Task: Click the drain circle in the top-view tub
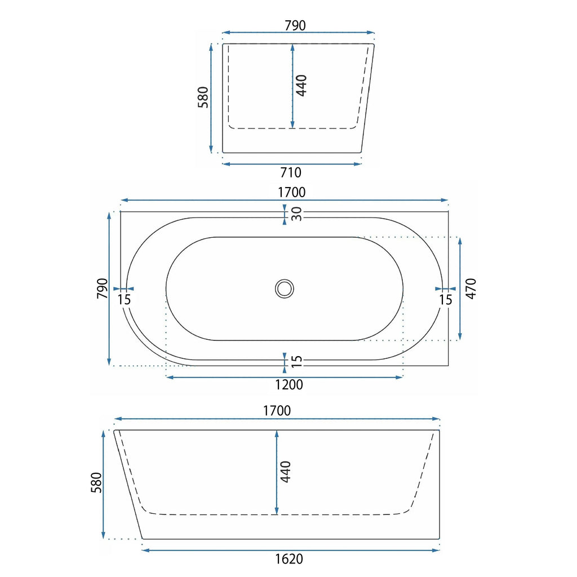coord(285,288)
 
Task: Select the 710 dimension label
coord(291,172)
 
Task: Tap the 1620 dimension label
coord(289,559)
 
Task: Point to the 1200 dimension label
coord(289,384)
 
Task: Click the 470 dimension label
coord(471,288)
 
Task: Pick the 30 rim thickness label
coord(296,214)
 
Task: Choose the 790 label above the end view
coord(295,25)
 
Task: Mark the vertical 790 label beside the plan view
coord(103,288)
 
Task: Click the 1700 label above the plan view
coord(291,192)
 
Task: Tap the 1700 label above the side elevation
coord(277,410)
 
